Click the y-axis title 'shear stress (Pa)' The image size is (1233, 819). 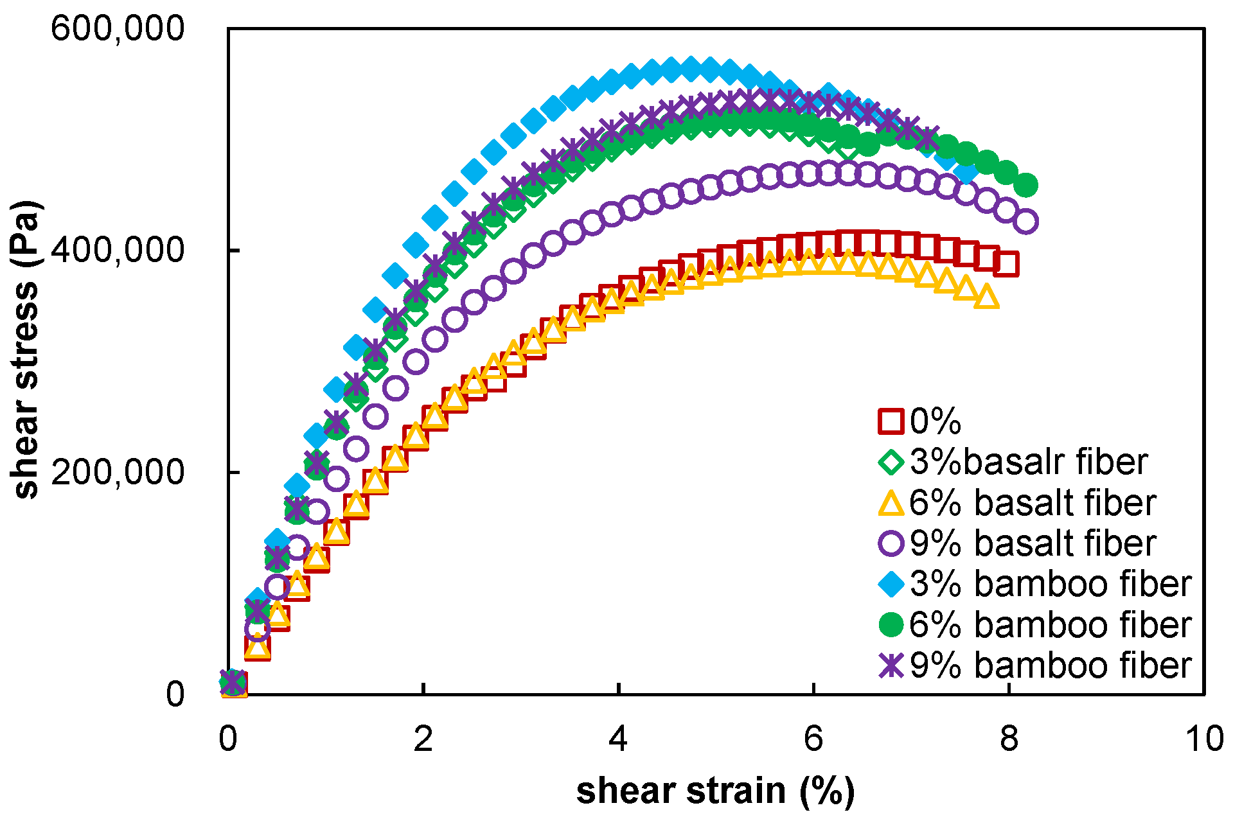pyautogui.click(x=26, y=350)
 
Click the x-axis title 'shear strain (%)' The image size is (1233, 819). pyautogui.click(x=715, y=790)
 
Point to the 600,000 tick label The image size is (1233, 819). pyautogui.click(x=118, y=29)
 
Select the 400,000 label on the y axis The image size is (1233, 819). pyautogui.click(x=118, y=250)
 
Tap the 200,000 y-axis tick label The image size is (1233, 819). pyautogui.click(x=118, y=472)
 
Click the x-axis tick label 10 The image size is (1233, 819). pyautogui.click(x=1204, y=739)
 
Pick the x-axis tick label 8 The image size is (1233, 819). pyautogui.click(x=1009, y=739)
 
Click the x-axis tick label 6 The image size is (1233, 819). pyautogui.click(x=813, y=739)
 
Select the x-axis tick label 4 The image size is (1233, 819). pyautogui.click(x=618, y=739)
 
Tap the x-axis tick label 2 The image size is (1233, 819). pyautogui.click(x=423, y=739)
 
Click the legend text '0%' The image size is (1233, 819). pyautogui.click(x=936, y=421)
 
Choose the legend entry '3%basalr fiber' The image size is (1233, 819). pyautogui.click(x=1028, y=462)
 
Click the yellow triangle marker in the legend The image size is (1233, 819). pyautogui.click(x=891, y=503)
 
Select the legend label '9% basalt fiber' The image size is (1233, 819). pyautogui.click(x=1033, y=543)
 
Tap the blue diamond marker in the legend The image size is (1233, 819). pyautogui.click(x=891, y=583)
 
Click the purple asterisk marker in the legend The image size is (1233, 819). pyautogui.click(x=891, y=665)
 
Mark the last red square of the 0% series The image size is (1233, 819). pyautogui.click(x=1006, y=264)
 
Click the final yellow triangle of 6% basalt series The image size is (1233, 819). pyautogui.click(x=986, y=297)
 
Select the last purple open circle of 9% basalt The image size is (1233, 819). pyautogui.click(x=1026, y=222)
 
